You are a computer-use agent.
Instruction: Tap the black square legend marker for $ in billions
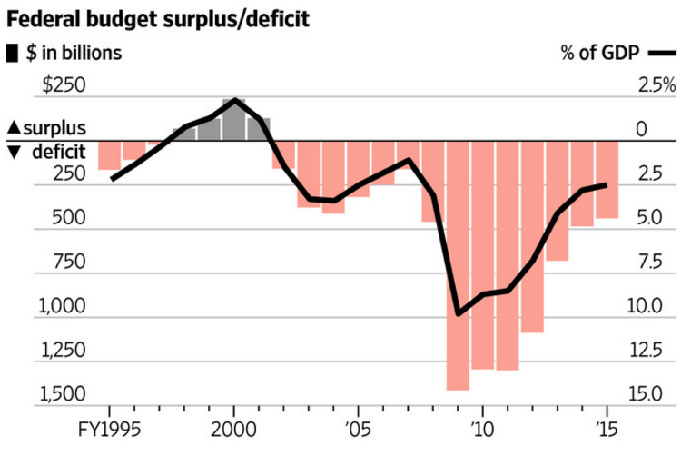pos(13,53)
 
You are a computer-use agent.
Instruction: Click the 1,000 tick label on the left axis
pos(62,306)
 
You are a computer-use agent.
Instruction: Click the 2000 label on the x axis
pos(234,427)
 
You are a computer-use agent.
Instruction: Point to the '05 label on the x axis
pos(358,427)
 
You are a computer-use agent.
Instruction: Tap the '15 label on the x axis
pos(606,427)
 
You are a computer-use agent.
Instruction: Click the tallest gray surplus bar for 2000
pos(234,120)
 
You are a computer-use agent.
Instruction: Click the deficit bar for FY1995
pos(109,155)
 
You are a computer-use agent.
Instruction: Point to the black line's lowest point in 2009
pos(458,313)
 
